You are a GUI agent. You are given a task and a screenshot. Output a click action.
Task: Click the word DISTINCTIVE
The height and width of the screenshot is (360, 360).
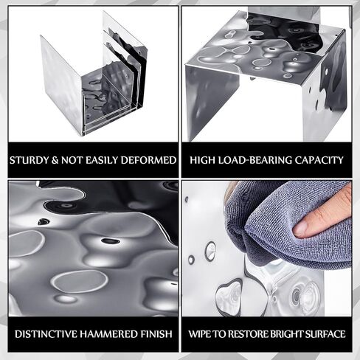(46, 334)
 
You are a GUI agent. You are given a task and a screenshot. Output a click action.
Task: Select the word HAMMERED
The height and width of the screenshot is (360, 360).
(109, 334)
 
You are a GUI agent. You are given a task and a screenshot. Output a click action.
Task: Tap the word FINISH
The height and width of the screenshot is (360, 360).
(156, 334)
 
